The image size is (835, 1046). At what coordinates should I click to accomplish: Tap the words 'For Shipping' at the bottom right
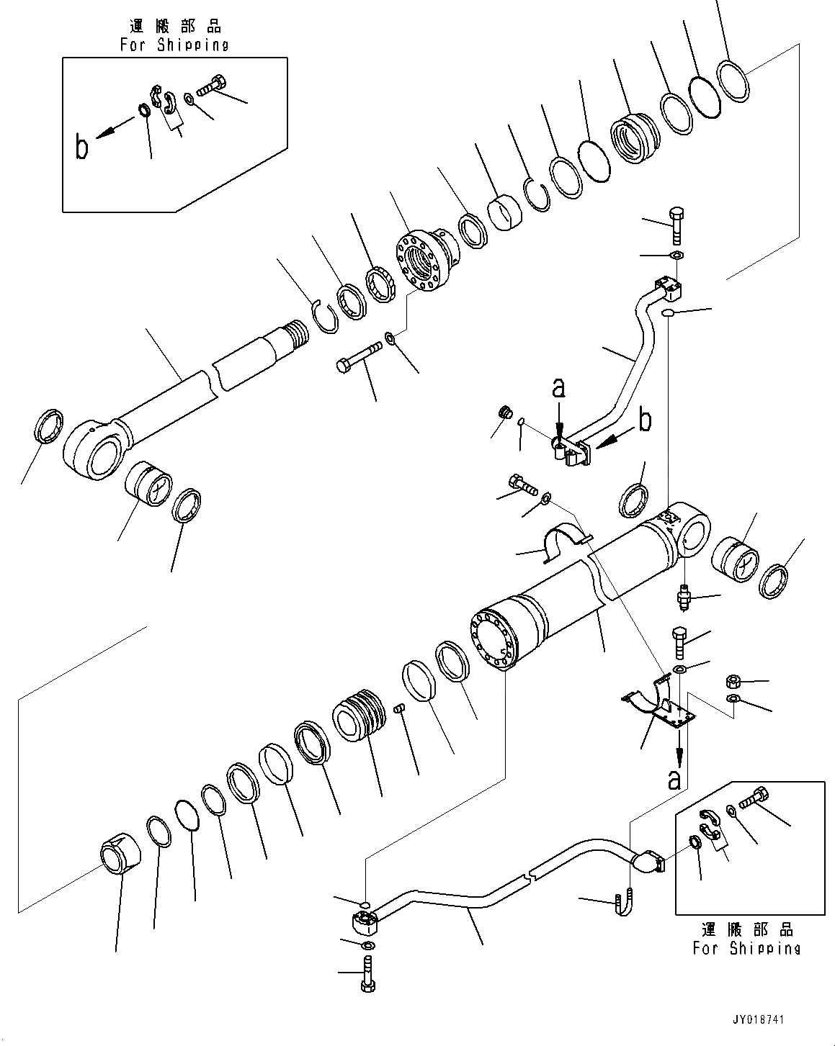click(746, 948)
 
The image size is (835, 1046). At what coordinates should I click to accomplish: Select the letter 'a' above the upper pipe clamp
click(558, 389)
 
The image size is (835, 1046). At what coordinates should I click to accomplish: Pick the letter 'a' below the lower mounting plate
click(674, 779)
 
